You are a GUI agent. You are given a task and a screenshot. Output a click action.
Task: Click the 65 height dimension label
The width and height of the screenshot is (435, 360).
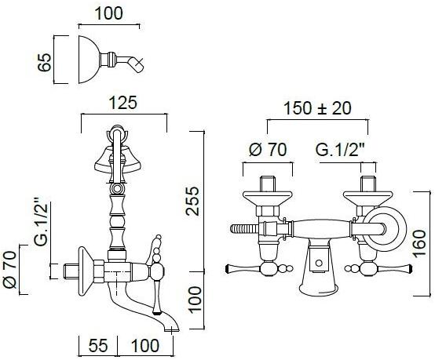[x=45, y=62]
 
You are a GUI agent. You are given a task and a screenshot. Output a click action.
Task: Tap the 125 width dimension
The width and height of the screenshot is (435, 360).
[x=123, y=103]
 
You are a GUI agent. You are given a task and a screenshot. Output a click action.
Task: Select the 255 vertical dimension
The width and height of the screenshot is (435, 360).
[x=192, y=202]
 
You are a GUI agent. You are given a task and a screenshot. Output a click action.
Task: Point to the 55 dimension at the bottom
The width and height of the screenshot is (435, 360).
[x=98, y=346]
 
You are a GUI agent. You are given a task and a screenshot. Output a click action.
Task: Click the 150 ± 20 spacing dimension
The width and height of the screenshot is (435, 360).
[x=318, y=108]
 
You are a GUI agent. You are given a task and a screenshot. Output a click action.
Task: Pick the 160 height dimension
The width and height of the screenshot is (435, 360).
[x=419, y=244]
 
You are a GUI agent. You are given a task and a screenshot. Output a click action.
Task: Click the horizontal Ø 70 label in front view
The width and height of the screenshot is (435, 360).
[x=268, y=150]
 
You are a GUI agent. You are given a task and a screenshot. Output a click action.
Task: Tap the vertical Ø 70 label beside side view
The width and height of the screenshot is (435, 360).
[x=10, y=269]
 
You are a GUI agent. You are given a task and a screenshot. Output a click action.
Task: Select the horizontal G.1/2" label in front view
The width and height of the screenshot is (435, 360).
[x=340, y=150]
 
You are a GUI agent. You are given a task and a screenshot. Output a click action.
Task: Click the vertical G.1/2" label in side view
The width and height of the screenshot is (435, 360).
[x=42, y=222]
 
